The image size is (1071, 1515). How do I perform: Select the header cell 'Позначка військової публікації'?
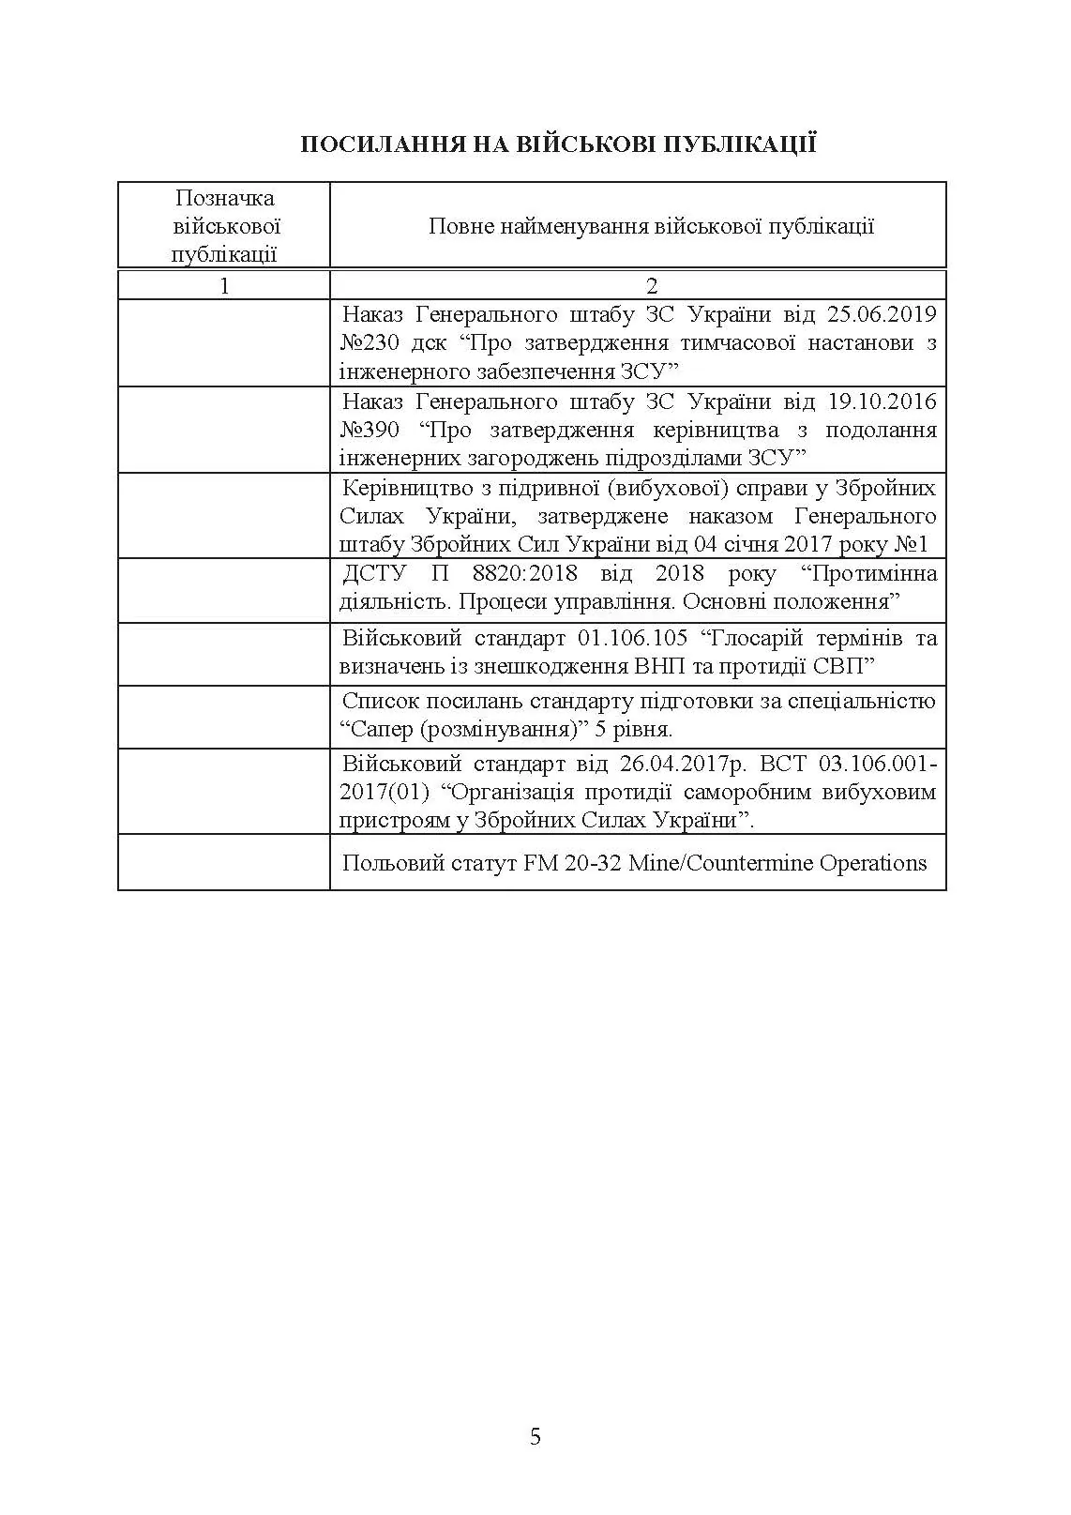[224, 226]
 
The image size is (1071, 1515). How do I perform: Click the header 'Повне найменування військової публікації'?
[651, 226]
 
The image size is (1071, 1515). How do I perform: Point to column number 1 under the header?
[224, 286]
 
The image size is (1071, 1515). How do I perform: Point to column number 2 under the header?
[652, 286]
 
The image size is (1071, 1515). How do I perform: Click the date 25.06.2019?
[882, 314]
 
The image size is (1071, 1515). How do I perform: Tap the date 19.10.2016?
[882, 401]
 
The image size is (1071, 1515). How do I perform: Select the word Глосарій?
[754, 639]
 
